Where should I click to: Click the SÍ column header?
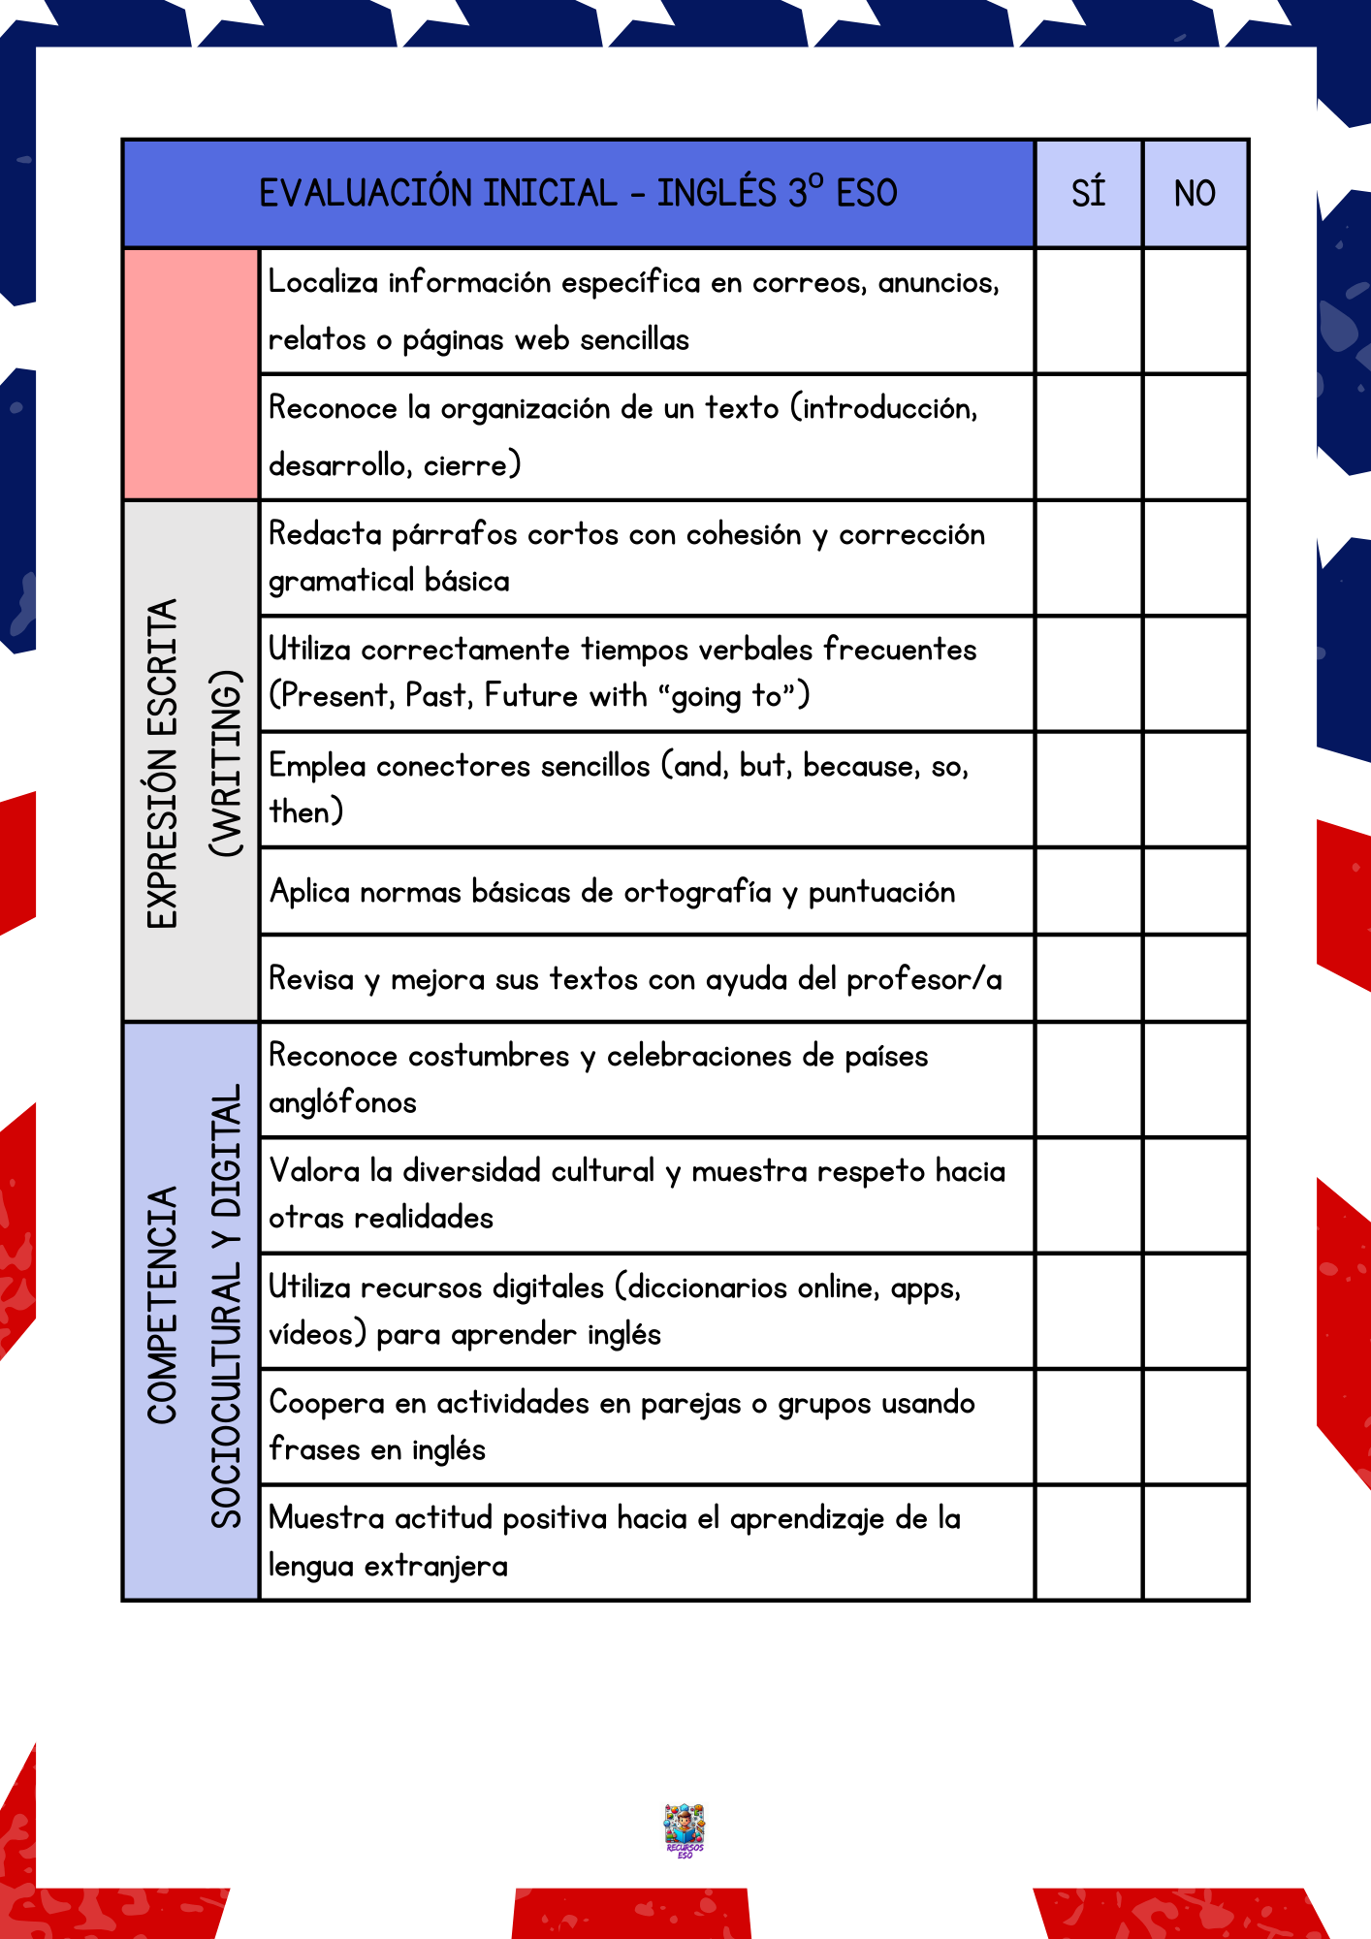point(1088,194)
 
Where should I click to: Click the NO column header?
point(1195,194)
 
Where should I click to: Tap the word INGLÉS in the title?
point(717,193)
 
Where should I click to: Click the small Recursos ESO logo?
point(685,1829)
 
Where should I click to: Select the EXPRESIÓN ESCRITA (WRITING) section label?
point(192,762)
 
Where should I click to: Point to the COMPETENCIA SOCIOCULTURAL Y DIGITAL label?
point(192,1309)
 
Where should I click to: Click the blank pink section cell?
point(192,374)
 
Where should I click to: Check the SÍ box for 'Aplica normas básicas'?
point(1088,891)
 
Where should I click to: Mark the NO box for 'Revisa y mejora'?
point(1195,978)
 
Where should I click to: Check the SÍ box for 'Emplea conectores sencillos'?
point(1088,789)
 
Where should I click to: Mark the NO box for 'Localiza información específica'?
point(1195,311)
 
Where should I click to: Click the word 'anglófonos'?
point(342,1103)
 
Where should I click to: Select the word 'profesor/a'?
point(924,979)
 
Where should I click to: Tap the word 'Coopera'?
point(326,1403)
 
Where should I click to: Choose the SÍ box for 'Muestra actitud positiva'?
point(1088,1542)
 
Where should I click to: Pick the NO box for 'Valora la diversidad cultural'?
point(1195,1194)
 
